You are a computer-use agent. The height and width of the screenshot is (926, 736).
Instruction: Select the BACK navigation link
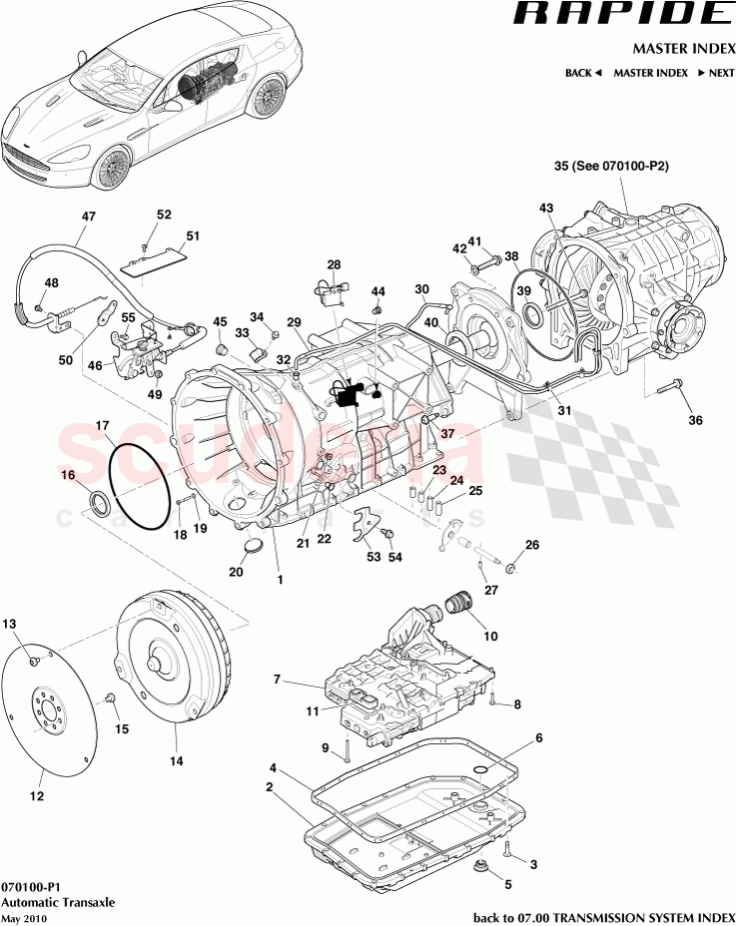(x=582, y=73)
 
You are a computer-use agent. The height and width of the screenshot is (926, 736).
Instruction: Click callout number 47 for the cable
(x=88, y=217)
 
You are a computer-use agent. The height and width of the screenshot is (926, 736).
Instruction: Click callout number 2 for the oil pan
(x=270, y=787)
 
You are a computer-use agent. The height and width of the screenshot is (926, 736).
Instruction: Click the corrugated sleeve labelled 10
(x=460, y=604)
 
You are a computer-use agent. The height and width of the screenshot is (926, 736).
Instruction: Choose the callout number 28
(x=334, y=264)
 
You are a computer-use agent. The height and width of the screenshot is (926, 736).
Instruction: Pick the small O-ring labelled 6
(x=480, y=769)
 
